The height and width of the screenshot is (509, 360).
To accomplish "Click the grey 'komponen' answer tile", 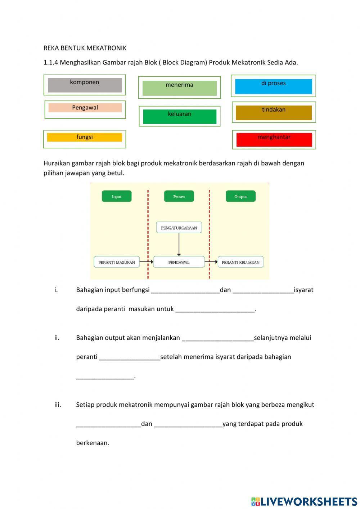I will pos(85,85).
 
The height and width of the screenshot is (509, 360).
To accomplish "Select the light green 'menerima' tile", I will pos(179,88).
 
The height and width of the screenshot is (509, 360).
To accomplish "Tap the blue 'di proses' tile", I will pos(273,86).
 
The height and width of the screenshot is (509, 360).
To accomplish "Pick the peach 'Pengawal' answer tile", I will pos(85,108).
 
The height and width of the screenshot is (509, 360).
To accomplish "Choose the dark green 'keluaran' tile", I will pos(180,116).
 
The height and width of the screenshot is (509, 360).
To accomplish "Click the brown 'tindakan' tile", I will pos(274,112).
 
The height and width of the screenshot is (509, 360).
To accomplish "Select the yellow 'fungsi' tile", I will pos(85,137).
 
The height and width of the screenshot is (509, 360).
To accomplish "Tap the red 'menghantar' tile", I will pos(274,139).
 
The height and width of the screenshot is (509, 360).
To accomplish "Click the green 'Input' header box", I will pos(117,196).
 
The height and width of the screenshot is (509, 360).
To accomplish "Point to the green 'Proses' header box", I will pos(179,196).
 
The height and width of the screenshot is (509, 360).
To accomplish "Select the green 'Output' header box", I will pos(240,196).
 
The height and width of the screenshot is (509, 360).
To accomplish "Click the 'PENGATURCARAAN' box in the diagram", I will pos(179,228).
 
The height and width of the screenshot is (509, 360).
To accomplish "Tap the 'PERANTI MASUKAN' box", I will pos(117,262).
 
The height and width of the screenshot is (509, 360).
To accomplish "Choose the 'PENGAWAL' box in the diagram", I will pos(179,262).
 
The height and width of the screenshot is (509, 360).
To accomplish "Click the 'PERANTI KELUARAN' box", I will pos(240,262).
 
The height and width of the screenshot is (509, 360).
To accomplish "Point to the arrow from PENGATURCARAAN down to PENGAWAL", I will pos(179,244).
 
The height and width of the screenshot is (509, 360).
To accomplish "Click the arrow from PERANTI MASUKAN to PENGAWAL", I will pos(146,262).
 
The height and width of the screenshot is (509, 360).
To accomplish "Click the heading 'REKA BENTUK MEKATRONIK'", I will pos(85,48).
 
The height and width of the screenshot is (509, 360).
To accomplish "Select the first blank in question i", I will pos(185,290).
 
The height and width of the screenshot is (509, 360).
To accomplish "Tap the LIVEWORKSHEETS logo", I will pos(304,501).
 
